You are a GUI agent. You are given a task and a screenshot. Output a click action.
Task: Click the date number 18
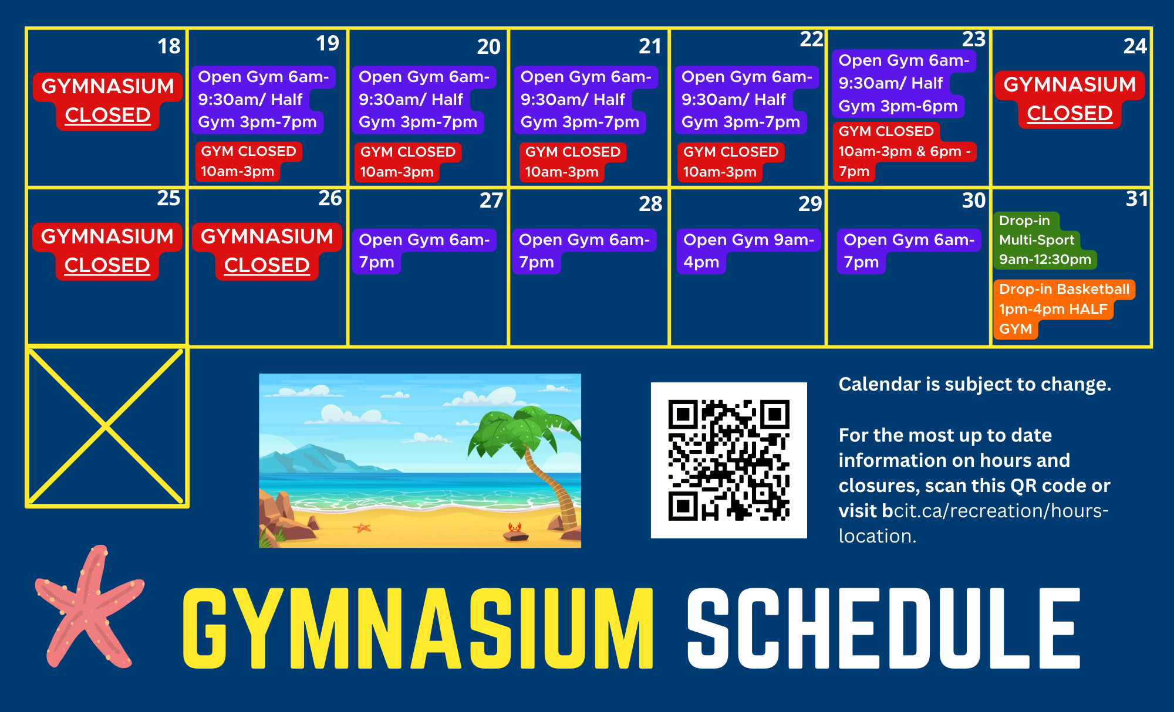click(x=169, y=46)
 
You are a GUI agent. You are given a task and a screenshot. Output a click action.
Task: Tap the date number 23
click(x=974, y=39)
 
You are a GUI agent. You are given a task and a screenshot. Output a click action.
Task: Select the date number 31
click(x=1137, y=199)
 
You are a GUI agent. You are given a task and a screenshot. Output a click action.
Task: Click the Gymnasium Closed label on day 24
click(x=1070, y=99)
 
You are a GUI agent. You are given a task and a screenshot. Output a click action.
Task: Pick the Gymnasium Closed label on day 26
click(x=267, y=251)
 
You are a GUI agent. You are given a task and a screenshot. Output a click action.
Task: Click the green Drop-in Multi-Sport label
click(x=1045, y=240)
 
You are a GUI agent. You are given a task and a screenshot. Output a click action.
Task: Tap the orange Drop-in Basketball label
click(x=1064, y=309)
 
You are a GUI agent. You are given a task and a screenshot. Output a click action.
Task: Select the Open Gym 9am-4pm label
click(x=748, y=251)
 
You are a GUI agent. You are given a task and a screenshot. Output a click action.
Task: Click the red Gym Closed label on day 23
click(x=904, y=151)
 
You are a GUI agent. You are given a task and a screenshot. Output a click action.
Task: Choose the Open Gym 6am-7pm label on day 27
click(x=424, y=251)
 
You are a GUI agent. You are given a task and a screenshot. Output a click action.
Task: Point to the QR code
click(x=729, y=460)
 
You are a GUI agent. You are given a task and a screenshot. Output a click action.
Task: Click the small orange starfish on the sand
click(x=362, y=528)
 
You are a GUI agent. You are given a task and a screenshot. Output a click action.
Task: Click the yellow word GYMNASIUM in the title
click(x=418, y=628)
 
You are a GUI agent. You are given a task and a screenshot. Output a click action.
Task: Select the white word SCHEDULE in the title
click(x=883, y=628)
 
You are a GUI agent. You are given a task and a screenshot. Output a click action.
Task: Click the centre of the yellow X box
click(x=106, y=426)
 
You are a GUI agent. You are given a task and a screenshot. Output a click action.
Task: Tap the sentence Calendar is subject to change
click(x=975, y=384)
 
